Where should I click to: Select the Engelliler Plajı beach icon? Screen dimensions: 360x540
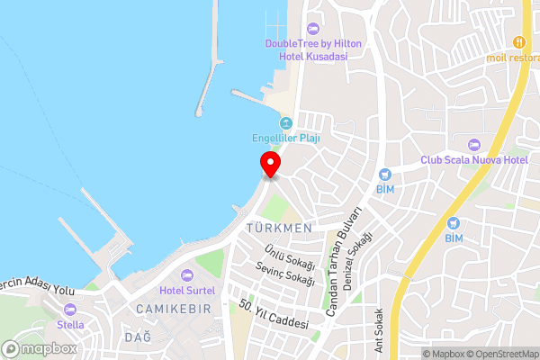click(x=286, y=123)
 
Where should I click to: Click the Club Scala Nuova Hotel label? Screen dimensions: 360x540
click(x=473, y=160)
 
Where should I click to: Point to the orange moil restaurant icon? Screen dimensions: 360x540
click(x=518, y=42)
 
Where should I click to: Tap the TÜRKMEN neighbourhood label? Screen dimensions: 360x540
click(x=278, y=229)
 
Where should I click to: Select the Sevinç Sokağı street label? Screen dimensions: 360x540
click(x=285, y=274)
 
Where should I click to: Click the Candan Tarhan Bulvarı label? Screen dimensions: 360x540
click(x=344, y=261)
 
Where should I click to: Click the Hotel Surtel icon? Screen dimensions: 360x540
click(x=187, y=274)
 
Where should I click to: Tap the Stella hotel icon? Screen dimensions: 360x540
click(x=70, y=309)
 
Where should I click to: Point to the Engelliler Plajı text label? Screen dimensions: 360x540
click(x=286, y=139)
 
